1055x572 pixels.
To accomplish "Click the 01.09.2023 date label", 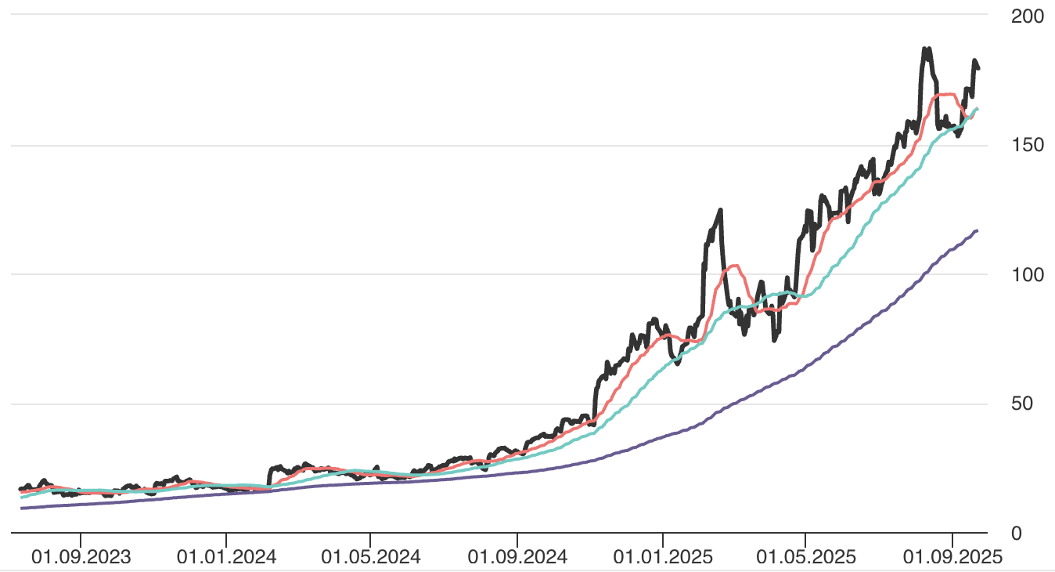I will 81,557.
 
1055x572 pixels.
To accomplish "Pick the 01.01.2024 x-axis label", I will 226,557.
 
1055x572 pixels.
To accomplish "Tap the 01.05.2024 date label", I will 371,557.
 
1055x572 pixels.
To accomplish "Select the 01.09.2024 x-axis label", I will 517,557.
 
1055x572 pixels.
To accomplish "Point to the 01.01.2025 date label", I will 662,557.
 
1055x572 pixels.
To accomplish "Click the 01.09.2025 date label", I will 952,557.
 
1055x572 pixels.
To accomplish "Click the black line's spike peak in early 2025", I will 720,209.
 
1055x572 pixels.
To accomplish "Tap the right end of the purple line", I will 977,230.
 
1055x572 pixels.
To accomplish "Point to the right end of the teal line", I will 978,108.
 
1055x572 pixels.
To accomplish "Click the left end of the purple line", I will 21,509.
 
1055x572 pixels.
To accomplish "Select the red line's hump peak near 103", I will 733,266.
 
